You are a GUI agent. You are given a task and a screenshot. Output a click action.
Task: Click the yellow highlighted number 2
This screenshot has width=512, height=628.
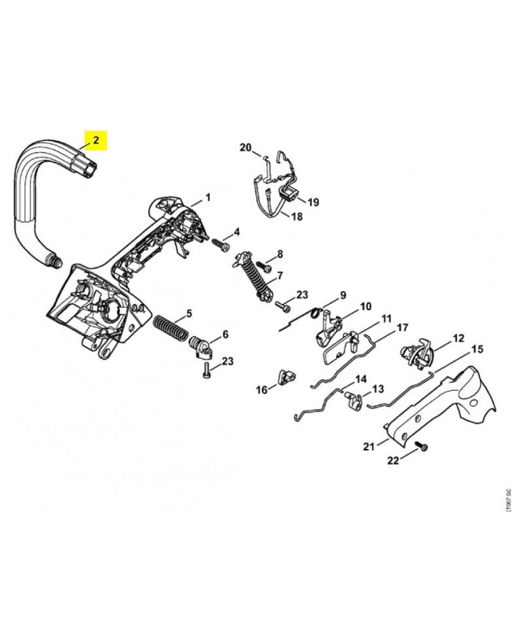(96, 141)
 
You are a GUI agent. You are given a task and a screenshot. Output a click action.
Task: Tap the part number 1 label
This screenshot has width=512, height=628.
(208, 197)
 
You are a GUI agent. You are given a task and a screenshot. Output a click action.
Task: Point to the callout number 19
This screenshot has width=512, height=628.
(313, 202)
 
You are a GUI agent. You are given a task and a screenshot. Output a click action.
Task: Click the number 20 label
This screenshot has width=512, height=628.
(244, 148)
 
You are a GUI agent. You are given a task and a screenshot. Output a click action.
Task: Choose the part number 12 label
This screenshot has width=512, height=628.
(459, 341)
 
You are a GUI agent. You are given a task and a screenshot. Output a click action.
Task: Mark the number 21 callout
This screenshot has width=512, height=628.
(369, 447)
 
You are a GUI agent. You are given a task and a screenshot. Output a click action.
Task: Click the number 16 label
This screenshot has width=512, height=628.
(261, 389)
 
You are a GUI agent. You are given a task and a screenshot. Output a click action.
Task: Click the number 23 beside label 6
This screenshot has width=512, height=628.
(227, 361)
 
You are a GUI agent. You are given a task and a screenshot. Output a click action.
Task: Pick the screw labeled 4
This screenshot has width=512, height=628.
(219, 243)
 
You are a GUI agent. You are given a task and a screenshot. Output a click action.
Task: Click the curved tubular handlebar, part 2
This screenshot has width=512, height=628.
(31, 196)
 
